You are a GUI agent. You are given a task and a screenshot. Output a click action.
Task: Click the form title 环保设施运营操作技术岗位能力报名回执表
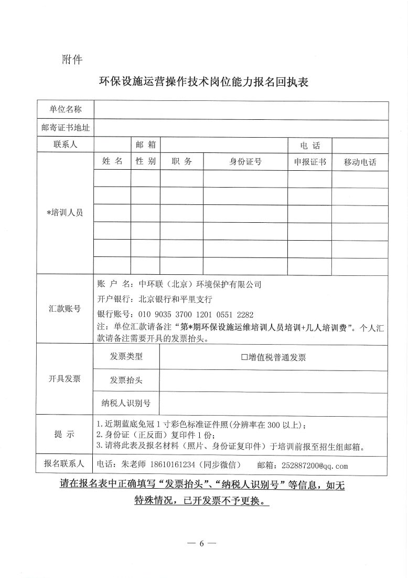click(203, 82)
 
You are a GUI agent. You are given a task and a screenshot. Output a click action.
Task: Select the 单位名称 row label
click(66, 109)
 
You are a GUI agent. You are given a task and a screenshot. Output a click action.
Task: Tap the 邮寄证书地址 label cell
click(66, 127)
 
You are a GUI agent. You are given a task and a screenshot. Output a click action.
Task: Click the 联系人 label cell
click(66, 145)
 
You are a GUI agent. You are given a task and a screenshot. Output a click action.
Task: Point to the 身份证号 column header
click(245, 162)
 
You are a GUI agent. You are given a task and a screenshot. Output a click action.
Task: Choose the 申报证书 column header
click(309, 162)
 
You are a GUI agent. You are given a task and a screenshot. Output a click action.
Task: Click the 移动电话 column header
click(360, 162)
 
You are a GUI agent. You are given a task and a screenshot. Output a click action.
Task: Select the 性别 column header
click(145, 162)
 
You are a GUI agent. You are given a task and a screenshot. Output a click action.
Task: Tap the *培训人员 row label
click(66, 213)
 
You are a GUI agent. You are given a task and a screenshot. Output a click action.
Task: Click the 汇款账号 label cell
click(66, 308)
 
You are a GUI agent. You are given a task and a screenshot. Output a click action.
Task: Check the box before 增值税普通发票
click(244, 358)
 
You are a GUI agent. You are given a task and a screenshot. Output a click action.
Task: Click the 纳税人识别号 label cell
click(126, 403)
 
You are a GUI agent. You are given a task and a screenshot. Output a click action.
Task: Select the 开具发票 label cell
click(66, 379)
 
